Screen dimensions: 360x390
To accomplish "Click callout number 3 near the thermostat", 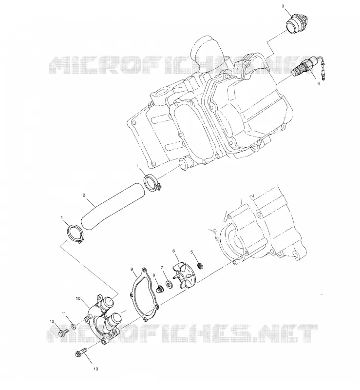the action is pos(283,6).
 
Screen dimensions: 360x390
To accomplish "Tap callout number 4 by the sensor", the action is pos(319,83).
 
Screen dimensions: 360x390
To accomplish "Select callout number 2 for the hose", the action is pos(84,195).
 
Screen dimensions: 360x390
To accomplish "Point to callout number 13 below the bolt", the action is pos(95,369).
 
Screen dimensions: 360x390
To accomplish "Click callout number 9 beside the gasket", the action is pos(132,269).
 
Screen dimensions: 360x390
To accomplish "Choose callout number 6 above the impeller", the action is pos(174,251).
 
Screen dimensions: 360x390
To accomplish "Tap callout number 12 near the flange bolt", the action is pos(52,321).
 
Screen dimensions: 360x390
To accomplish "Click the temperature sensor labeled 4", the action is pos(309,68).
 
